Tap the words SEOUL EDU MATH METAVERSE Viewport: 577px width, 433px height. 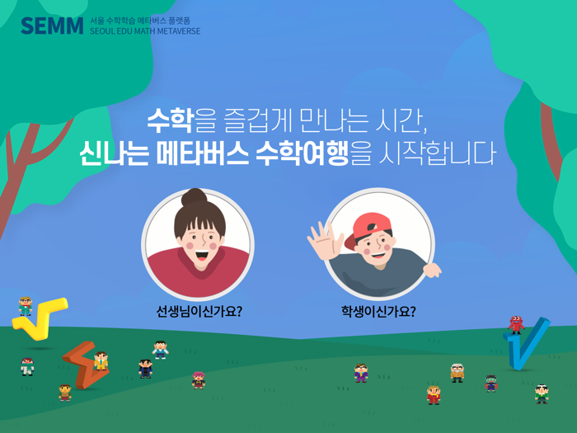tap(145, 31)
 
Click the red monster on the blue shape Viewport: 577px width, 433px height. tap(516, 324)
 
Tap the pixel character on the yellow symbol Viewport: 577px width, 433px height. tap(26, 307)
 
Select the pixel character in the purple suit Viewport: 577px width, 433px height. tap(360, 373)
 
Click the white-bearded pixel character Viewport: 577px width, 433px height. tap(457, 372)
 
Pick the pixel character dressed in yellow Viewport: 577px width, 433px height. tap(101, 360)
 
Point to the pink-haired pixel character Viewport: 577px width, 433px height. tap(199, 379)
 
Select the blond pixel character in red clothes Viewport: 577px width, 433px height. tap(434, 394)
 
